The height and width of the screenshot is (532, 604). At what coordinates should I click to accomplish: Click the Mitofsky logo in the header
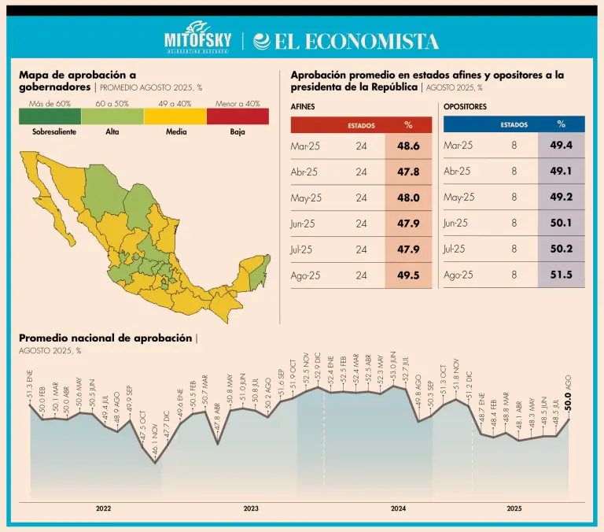click(x=196, y=40)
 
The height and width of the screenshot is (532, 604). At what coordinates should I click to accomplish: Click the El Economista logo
click(x=344, y=41)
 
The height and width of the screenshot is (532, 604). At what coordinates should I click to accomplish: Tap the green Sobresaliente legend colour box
click(x=50, y=116)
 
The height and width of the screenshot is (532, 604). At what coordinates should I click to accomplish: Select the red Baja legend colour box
click(x=238, y=116)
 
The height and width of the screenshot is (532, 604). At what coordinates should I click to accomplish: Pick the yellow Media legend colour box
click(x=175, y=116)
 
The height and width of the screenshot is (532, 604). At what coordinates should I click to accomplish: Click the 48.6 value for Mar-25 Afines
click(x=408, y=146)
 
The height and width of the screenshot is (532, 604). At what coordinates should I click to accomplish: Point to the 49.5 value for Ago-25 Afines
click(x=408, y=275)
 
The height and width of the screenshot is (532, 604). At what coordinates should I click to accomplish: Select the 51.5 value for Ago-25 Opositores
click(x=561, y=275)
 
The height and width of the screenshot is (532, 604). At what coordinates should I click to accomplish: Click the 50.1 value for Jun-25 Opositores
click(x=561, y=224)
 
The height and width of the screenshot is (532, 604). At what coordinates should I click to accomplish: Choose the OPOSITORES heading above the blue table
click(x=465, y=106)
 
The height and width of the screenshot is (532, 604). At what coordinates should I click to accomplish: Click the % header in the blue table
click(x=561, y=124)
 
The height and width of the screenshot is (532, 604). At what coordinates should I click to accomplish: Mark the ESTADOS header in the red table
click(x=361, y=125)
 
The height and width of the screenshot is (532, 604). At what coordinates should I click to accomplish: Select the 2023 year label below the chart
click(x=251, y=508)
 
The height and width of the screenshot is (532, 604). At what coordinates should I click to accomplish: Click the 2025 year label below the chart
click(x=514, y=508)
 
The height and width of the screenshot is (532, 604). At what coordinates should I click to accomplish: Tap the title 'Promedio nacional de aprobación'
click(x=105, y=338)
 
